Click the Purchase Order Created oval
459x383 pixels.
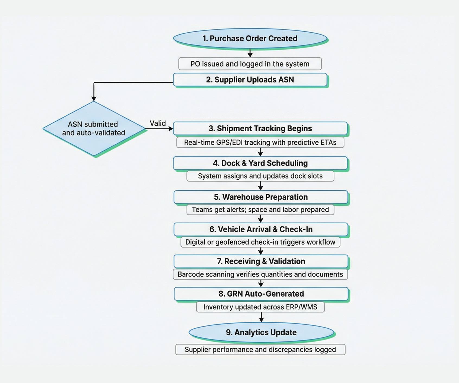[x=250, y=39]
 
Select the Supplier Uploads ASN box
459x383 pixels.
[x=250, y=80]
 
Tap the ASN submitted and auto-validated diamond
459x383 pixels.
[x=94, y=128]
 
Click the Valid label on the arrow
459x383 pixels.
[x=158, y=123]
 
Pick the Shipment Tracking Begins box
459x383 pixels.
[x=260, y=128]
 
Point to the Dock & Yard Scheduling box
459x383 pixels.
[x=260, y=163]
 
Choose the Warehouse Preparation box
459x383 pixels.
[x=260, y=197]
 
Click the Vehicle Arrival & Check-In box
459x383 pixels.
[x=261, y=229]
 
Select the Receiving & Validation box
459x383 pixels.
[x=261, y=261]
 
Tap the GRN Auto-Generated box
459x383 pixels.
[x=261, y=294]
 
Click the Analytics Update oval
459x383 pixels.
[x=261, y=332]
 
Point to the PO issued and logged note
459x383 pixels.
[x=250, y=64]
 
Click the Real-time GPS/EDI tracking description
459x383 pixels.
[x=260, y=143]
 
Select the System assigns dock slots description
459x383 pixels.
[x=260, y=176]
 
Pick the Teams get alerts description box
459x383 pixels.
[x=260, y=210]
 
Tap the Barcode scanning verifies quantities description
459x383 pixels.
[x=260, y=274]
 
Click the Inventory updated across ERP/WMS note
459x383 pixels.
[x=260, y=307]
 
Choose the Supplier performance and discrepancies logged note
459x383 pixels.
[x=260, y=350]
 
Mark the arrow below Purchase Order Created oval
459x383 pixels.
[x=250, y=53]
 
